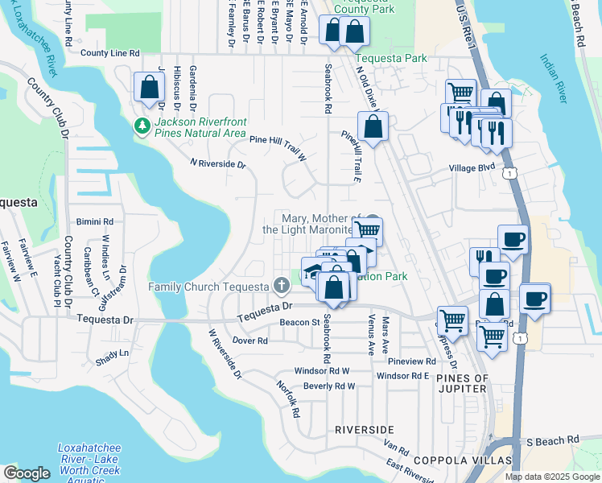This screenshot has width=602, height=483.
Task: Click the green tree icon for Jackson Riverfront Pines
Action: coord(142,126)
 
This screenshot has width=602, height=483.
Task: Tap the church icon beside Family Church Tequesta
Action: coord(281,285)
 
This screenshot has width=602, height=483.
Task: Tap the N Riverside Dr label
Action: coord(217,163)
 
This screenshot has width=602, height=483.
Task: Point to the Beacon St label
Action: coord(300,322)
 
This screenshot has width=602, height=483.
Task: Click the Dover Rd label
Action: coord(249,341)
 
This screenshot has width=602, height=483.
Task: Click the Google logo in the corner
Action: coord(27,473)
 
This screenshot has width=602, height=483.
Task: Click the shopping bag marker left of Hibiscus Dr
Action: coord(148,88)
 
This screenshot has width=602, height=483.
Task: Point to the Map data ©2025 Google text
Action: coord(552,477)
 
